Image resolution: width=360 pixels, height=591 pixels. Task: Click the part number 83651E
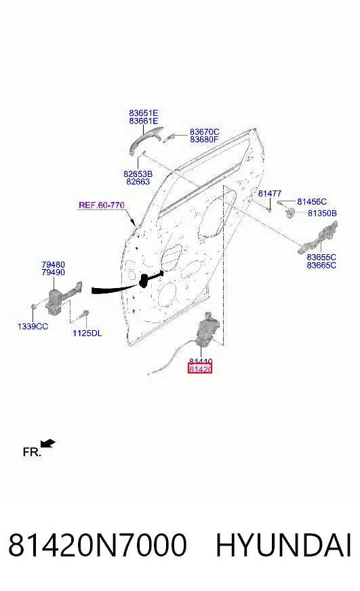point(143,113)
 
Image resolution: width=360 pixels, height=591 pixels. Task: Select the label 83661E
point(143,121)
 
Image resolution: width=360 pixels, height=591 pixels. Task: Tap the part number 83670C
point(204,132)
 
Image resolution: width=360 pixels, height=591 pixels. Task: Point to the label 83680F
point(204,140)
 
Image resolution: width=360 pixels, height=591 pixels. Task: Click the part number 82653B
point(138,174)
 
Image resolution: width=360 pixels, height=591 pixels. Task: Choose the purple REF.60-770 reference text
point(102,205)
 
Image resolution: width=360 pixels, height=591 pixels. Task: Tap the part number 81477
point(270,194)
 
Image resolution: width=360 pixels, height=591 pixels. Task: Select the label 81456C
point(312,202)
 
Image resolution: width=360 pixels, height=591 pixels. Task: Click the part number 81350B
point(322,213)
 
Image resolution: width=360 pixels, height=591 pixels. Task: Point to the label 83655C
point(321,257)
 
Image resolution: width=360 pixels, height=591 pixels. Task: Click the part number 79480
point(53,264)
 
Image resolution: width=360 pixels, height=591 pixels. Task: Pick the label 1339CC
point(33,327)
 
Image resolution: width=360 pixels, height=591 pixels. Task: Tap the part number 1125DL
point(87,333)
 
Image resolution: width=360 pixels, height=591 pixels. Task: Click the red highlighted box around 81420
point(200,368)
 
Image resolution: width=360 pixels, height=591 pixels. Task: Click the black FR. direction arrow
point(48,444)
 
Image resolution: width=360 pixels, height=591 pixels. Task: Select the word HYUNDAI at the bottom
point(283,545)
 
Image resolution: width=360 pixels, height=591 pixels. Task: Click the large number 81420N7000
point(98,545)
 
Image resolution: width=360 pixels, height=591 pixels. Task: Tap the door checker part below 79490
point(62,298)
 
